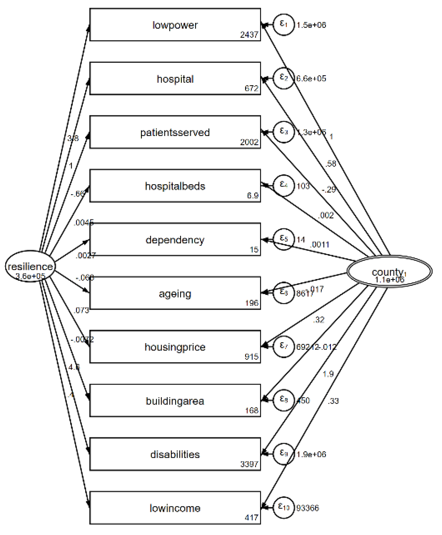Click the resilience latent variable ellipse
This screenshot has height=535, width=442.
(x=30, y=266)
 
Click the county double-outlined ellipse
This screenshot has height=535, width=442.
(x=389, y=271)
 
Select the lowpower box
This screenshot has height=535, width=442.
(x=175, y=24)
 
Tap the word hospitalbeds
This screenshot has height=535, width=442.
(x=175, y=186)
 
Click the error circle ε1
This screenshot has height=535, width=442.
(x=284, y=24)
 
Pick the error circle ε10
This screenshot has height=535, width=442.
(x=284, y=508)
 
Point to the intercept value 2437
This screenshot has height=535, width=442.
(x=249, y=35)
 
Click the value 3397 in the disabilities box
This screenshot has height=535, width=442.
(x=249, y=464)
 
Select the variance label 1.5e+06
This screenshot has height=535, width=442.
(x=311, y=25)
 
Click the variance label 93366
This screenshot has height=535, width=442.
(x=307, y=508)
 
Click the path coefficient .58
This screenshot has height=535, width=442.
(x=331, y=164)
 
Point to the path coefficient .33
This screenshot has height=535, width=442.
(x=333, y=401)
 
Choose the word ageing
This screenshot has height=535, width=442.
(x=175, y=294)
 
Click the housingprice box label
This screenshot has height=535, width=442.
(x=175, y=347)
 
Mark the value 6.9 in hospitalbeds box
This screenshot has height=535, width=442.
(x=253, y=196)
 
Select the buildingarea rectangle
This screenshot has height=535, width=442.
(x=175, y=400)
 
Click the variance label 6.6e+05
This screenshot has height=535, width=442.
(x=311, y=79)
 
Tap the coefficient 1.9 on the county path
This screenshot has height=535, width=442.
(x=328, y=374)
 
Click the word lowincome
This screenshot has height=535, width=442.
(x=175, y=508)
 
